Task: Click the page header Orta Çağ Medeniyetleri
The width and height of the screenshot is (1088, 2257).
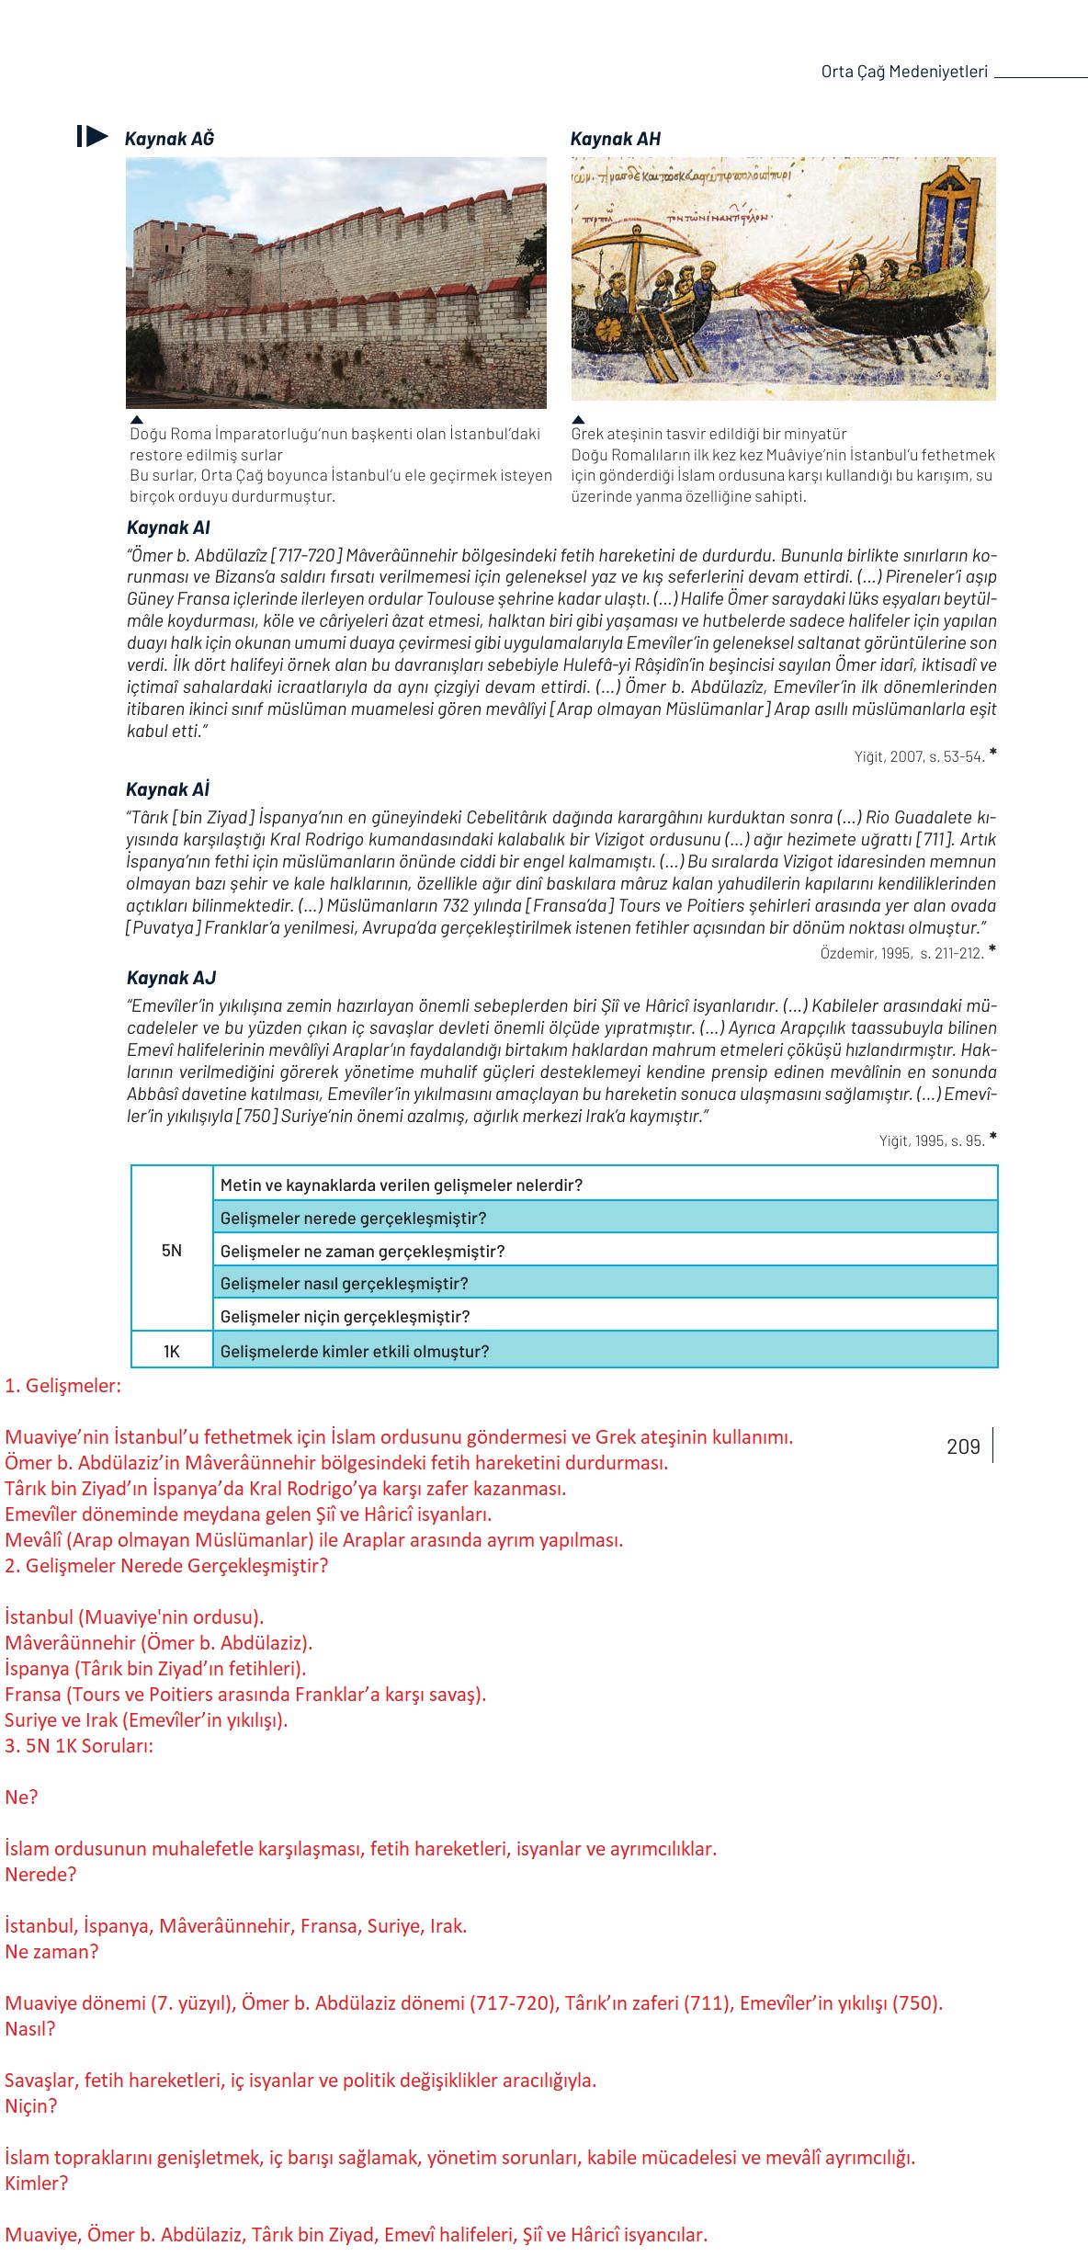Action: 904,72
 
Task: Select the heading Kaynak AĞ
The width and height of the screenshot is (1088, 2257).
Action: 169,139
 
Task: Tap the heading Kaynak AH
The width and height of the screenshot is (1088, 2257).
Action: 615,139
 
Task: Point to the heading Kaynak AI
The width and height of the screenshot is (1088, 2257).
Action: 168,527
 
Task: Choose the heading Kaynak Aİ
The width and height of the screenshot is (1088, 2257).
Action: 168,789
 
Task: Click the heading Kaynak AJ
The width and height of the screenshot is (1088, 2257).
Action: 171,978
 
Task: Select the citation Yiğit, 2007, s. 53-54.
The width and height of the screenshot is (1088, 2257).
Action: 919,756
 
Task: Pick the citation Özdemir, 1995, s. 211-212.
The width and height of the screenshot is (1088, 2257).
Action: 901,953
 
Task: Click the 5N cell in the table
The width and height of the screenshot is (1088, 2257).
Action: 172,1250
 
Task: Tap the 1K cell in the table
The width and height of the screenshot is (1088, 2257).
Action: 172,1351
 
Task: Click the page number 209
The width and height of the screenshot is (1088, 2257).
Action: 963,1446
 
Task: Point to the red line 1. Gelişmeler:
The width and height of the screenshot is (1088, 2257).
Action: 62,1386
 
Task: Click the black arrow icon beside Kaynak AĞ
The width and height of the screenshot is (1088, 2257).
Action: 93,137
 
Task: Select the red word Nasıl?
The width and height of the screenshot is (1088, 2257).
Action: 30,2028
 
